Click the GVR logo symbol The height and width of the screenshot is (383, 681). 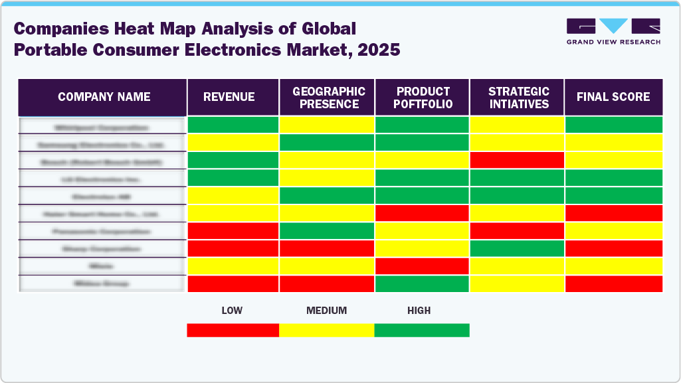click(x=613, y=27)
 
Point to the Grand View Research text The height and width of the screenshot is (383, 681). click(x=613, y=42)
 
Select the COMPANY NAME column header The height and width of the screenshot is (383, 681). click(x=104, y=97)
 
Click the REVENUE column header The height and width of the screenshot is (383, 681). click(x=229, y=97)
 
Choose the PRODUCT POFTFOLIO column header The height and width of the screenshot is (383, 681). click(x=423, y=97)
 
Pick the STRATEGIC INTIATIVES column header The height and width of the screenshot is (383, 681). click(x=518, y=97)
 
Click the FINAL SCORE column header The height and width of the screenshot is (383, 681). click(x=613, y=97)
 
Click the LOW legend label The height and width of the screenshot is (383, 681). click(x=233, y=311)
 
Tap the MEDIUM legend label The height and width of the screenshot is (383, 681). click(x=326, y=311)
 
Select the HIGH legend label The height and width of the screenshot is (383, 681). click(x=419, y=311)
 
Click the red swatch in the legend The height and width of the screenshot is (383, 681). click(x=233, y=330)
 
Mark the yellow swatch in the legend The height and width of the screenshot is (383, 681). click(x=326, y=330)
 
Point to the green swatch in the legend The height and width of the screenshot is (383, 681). click(x=422, y=330)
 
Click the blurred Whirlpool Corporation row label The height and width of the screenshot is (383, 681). click(x=102, y=126)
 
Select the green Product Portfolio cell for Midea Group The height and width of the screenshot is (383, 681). click(x=423, y=283)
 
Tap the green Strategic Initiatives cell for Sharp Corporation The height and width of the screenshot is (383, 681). click(x=517, y=248)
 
